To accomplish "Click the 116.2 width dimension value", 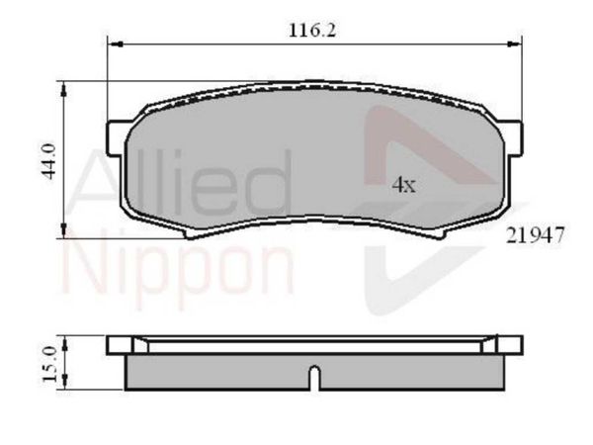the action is click(312, 30).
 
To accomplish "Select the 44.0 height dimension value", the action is click(49, 161).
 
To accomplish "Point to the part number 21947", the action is click(535, 235).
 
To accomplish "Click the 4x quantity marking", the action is click(403, 185).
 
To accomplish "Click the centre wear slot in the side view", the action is click(314, 378).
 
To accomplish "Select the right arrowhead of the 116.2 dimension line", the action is click(514, 44).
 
